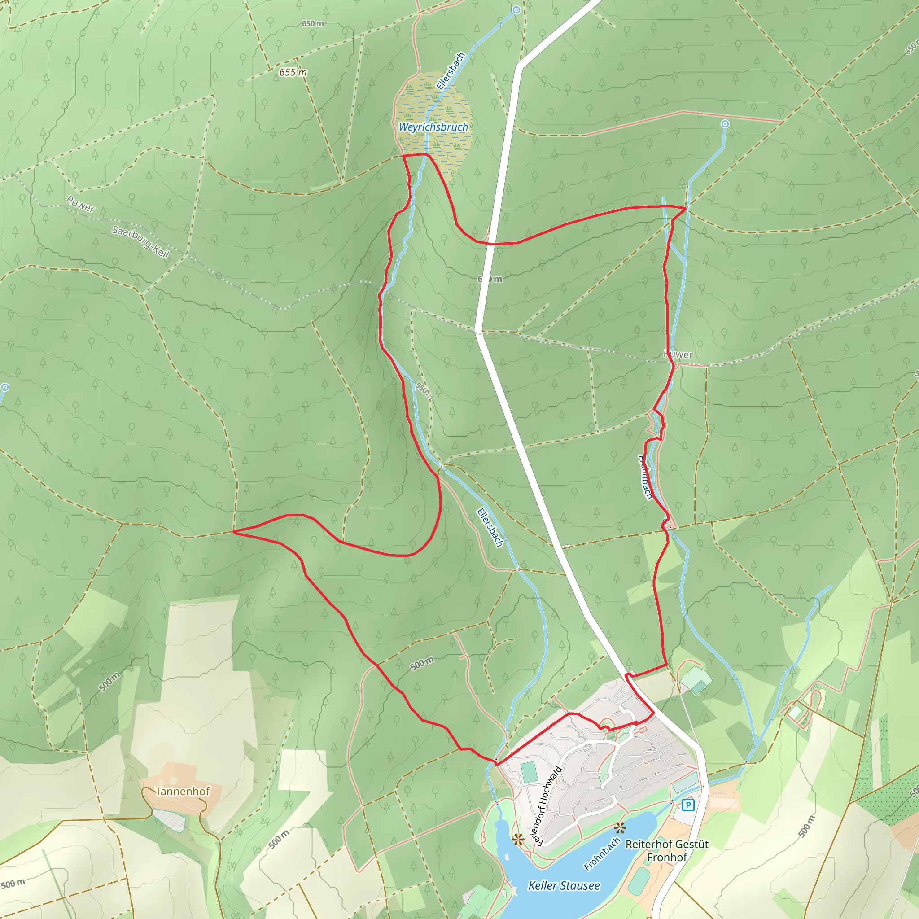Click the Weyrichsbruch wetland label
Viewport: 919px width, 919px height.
click(x=433, y=127)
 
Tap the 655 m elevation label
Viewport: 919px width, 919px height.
click(x=293, y=72)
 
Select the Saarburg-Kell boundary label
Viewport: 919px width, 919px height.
click(x=140, y=242)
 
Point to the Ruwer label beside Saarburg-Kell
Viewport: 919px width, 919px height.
click(x=80, y=204)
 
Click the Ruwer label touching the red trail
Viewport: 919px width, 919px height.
click(x=678, y=354)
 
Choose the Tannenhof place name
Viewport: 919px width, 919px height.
click(x=182, y=791)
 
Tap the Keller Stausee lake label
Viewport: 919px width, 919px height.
click(x=564, y=885)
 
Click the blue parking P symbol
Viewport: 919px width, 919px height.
click(x=688, y=805)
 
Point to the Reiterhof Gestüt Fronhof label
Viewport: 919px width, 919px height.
click(x=667, y=850)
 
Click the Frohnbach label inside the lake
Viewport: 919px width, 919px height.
click(x=602, y=854)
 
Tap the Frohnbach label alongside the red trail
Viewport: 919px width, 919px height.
click(x=645, y=477)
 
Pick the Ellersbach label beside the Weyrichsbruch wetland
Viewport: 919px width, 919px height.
click(x=450, y=71)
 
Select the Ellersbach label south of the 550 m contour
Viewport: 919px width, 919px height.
click(x=490, y=528)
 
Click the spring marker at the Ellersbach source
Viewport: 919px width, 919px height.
click(x=516, y=10)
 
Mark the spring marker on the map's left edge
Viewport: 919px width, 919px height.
click(x=4, y=387)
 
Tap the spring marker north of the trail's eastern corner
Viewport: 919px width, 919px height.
click(x=724, y=124)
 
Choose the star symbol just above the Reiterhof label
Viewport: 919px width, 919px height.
click(x=619, y=828)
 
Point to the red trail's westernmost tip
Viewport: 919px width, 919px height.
click(x=234, y=532)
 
